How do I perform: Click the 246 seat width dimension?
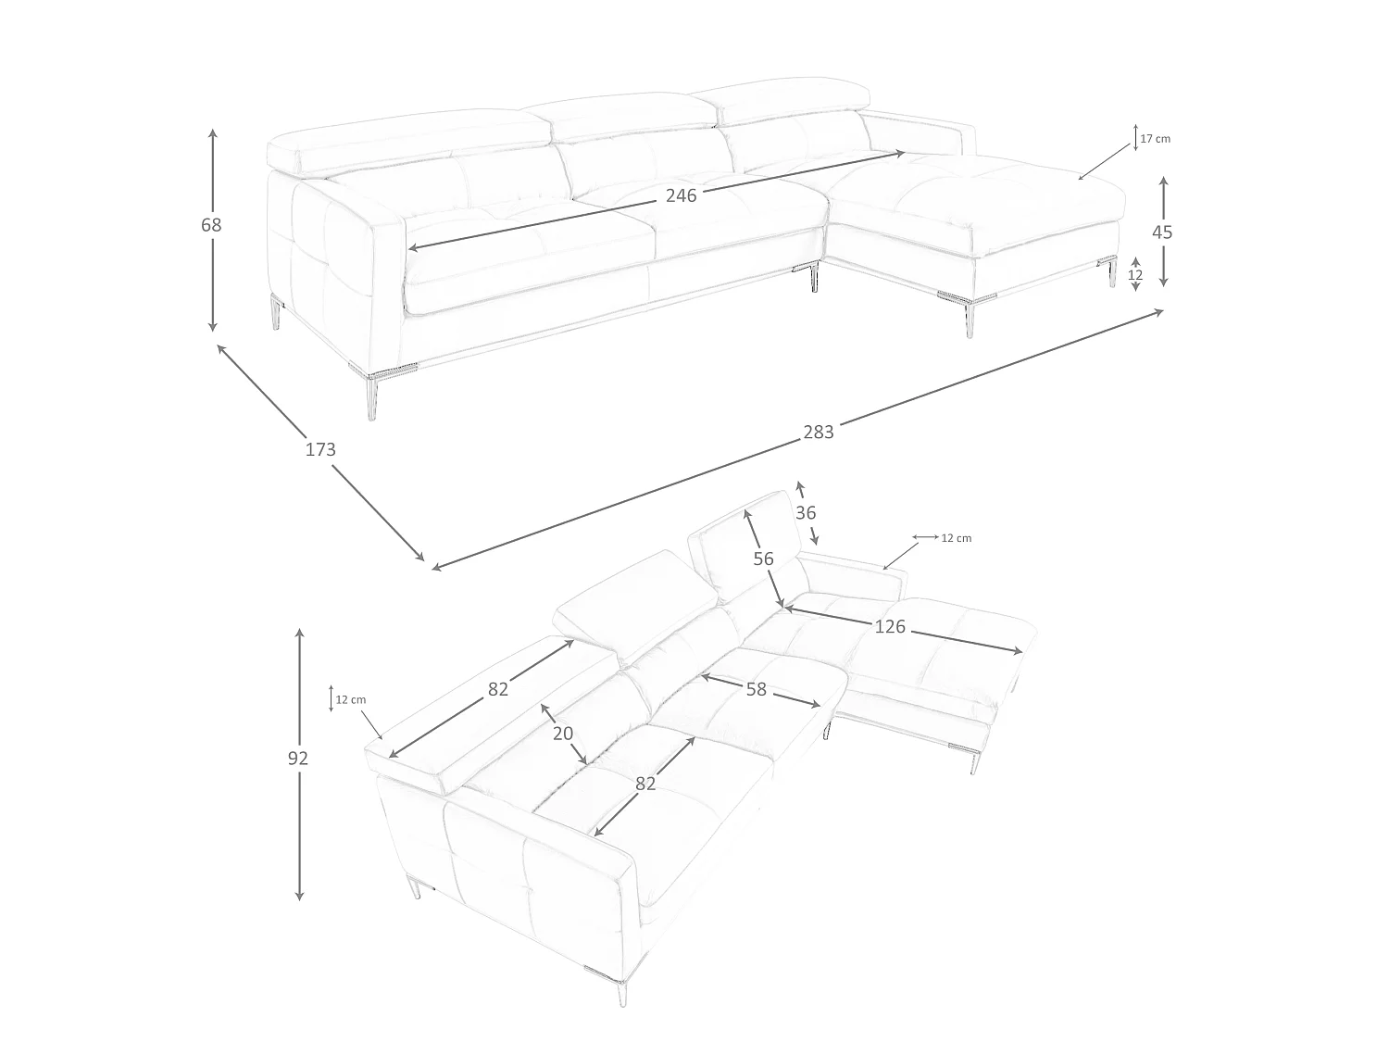681,196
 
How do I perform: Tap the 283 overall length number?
819,433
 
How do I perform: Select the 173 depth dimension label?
320,450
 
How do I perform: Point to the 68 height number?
211,225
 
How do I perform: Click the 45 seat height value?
1162,232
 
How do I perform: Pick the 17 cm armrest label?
1155,139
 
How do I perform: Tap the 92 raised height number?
298,758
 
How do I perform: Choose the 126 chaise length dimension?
890,627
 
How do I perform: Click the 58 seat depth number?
757,689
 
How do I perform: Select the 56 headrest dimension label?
763,559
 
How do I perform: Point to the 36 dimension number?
806,512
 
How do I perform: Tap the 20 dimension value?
563,734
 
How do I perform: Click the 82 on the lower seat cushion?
645,784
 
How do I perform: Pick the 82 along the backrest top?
498,690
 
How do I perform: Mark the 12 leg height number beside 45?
1135,275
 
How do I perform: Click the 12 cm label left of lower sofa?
351,699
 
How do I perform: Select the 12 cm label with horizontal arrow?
957,538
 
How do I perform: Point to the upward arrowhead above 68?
213,134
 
